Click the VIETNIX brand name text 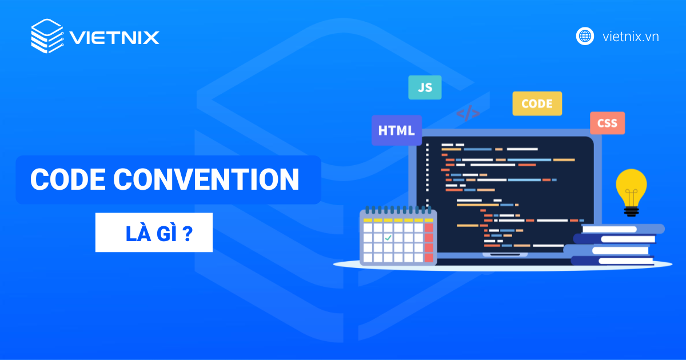(x=114, y=38)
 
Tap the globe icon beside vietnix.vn (x=585, y=37)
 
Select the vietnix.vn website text (x=631, y=37)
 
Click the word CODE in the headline (x=67, y=179)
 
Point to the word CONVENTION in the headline (x=206, y=179)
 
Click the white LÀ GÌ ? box (x=154, y=233)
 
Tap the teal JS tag (x=424, y=87)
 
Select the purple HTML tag (x=396, y=130)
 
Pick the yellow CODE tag (x=537, y=104)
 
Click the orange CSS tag (x=607, y=123)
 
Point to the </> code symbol (x=468, y=113)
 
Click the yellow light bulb (x=631, y=186)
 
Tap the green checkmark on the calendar (x=388, y=237)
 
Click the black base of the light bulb (x=631, y=211)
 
